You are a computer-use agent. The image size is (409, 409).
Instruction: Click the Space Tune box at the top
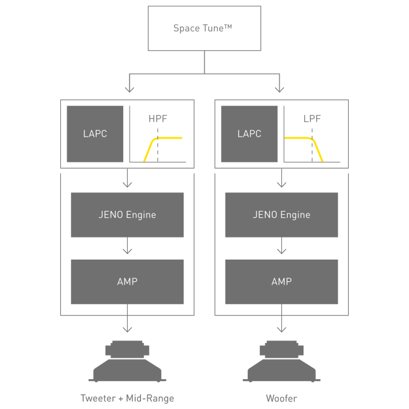pyautogui.click(x=204, y=29)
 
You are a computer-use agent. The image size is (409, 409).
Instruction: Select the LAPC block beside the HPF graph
pyautogui.click(x=95, y=133)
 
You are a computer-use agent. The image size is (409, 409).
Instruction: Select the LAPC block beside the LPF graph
pyautogui.click(x=249, y=133)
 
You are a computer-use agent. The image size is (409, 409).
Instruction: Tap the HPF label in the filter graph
pyautogui.click(x=158, y=119)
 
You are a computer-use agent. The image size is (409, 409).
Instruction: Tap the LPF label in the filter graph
pyautogui.click(x=312, y=119)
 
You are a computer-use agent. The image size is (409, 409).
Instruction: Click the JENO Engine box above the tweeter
pyautogui.click(x=127, y=215)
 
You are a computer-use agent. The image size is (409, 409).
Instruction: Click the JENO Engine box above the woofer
pyautogui.click(x=281, y=215)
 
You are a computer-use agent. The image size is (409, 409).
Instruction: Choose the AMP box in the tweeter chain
pyautogui.click(x=127, y=281)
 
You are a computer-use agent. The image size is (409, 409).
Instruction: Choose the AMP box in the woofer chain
pyautogui.click(x=281, y=281)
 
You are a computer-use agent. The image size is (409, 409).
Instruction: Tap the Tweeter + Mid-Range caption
pyautogui.click(x=127, y=399)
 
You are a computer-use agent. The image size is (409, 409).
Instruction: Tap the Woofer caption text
pyautogui.click(x=281, y=399)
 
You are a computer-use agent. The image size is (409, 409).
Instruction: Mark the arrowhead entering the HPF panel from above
pyautogui.click(x=130, y=90)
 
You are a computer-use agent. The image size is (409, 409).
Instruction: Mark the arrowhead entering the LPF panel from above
pyautogui.click(x=279, y=90)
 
